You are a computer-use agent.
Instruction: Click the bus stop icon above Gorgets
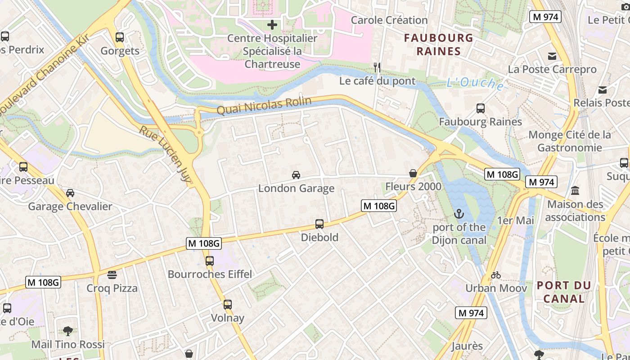119,37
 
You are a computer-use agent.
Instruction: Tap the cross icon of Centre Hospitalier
272,24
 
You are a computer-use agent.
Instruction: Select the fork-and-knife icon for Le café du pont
377,67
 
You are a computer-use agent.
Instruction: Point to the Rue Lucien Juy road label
165,153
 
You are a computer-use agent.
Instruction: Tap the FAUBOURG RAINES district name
438,44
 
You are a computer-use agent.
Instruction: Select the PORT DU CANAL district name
563,292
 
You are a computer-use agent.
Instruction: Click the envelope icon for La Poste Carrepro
552,56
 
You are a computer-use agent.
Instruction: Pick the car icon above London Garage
296,175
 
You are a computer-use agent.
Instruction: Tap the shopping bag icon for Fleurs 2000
413,173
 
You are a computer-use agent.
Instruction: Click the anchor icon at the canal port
459,214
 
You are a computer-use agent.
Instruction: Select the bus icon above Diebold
319,224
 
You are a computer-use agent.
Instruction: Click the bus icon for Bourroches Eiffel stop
210,261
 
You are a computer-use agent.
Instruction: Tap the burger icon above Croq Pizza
112,274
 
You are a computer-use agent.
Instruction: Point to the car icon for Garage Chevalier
70,193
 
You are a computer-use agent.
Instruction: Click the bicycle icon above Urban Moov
496,274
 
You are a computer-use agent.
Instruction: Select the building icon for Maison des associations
575,191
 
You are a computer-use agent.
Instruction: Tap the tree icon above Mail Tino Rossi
68,331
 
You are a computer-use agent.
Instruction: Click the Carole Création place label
389,20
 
